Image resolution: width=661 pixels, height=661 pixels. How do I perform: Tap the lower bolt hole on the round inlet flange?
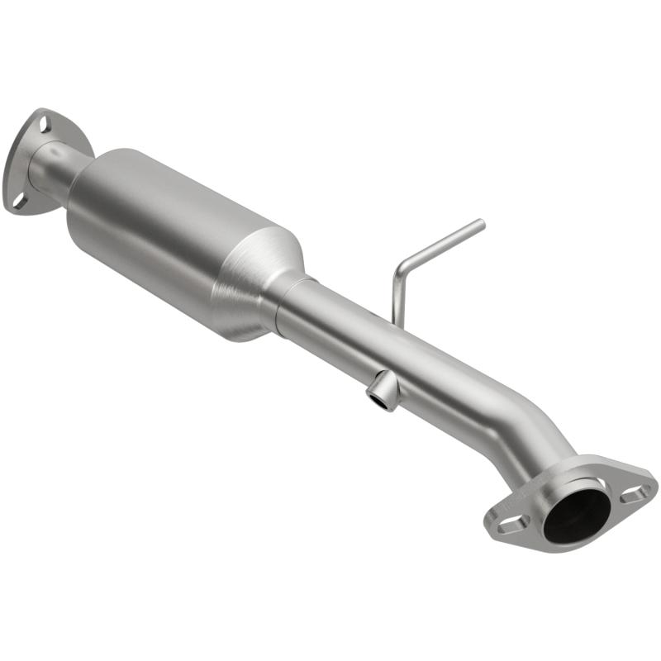(17, 199)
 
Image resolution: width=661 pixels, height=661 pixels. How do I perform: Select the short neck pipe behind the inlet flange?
(51, 169)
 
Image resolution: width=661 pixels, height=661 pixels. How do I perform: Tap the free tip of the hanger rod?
(480, 223)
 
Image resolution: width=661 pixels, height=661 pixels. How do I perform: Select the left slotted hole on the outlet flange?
(510, 522)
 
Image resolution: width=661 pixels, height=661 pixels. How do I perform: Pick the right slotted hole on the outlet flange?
(635, 494)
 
